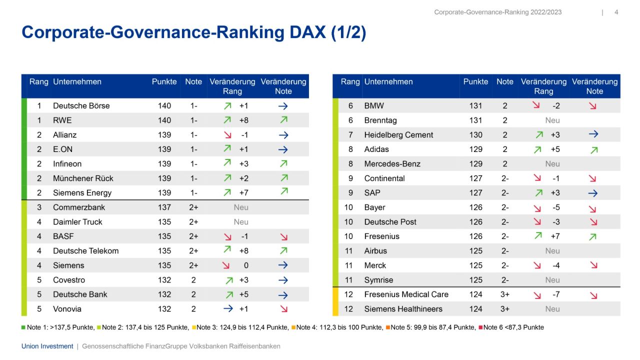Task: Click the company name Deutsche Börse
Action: click(x=81, y=106)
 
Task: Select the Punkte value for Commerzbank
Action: click(x=164, y=207)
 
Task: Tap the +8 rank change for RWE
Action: click(x=244, y=120)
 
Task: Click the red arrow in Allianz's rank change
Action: click(x=227, y=135)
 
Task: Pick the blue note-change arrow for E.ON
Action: click(x=283, y=149)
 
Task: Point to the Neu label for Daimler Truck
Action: click(x=241, y=222)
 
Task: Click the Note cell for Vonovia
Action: click(x=193, y=309)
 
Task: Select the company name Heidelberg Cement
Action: click(x=398, y=135)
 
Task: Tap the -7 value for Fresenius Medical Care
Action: click(x=555, y=294)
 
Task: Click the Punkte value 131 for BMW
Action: click(x=475, y=106)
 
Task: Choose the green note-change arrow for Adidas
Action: click(x=593, y=149)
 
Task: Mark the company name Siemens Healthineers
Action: click(x=403, y=309)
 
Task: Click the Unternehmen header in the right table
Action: click(x=388, y=82)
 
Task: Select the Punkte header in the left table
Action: click(x=164, y=82)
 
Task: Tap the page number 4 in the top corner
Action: click(x=616, y=12)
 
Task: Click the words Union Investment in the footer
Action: click(x=47, y=346)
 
